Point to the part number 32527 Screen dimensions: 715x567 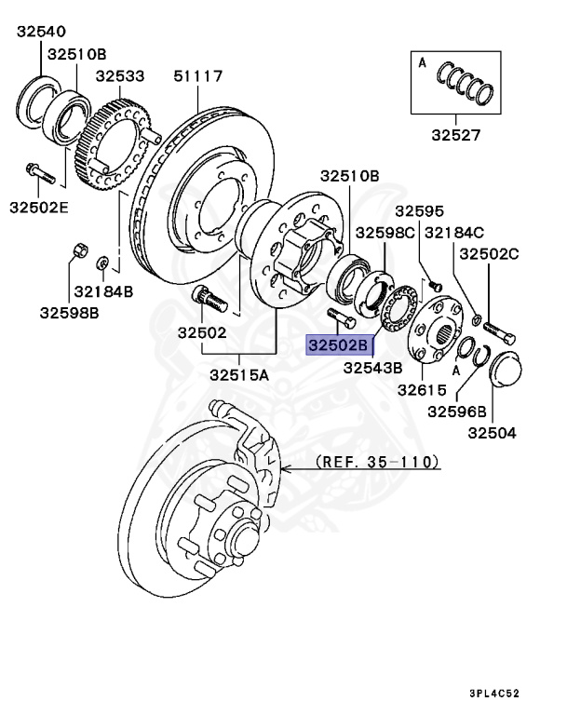click(x=455, y=134)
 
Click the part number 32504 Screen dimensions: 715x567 click(x=492, y=432)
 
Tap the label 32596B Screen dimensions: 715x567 click(x=457, y=411)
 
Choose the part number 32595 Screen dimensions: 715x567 click(x=420, y=212)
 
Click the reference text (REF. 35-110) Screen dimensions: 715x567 click(x=377, y=461)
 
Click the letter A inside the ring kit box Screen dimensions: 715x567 click(x=423, y=63)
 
